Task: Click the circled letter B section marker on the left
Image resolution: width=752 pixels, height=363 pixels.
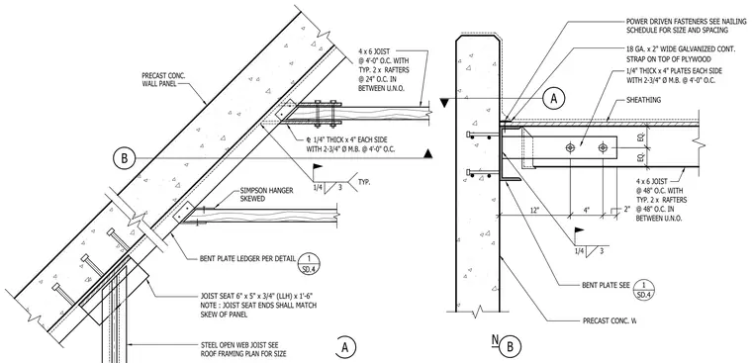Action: point(125,158)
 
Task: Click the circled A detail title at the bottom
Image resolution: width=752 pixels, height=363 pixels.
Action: point(345,347)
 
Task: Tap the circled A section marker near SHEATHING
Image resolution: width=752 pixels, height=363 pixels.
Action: point(554,98)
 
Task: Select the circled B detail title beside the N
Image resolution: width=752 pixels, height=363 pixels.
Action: point(510,346)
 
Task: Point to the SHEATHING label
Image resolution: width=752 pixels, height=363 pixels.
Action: point(644,100)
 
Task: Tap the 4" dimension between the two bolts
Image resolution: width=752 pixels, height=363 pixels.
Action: point(587,210)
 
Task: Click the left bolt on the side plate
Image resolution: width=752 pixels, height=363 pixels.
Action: point(570,148)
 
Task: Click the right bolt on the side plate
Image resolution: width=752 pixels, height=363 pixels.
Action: point(603,148)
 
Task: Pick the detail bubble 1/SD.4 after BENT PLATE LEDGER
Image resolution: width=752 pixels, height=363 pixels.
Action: point(309,261)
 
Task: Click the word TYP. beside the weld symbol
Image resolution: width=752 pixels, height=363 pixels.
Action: point(364,183)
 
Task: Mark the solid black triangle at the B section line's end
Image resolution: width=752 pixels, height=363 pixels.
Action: point(428,154)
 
